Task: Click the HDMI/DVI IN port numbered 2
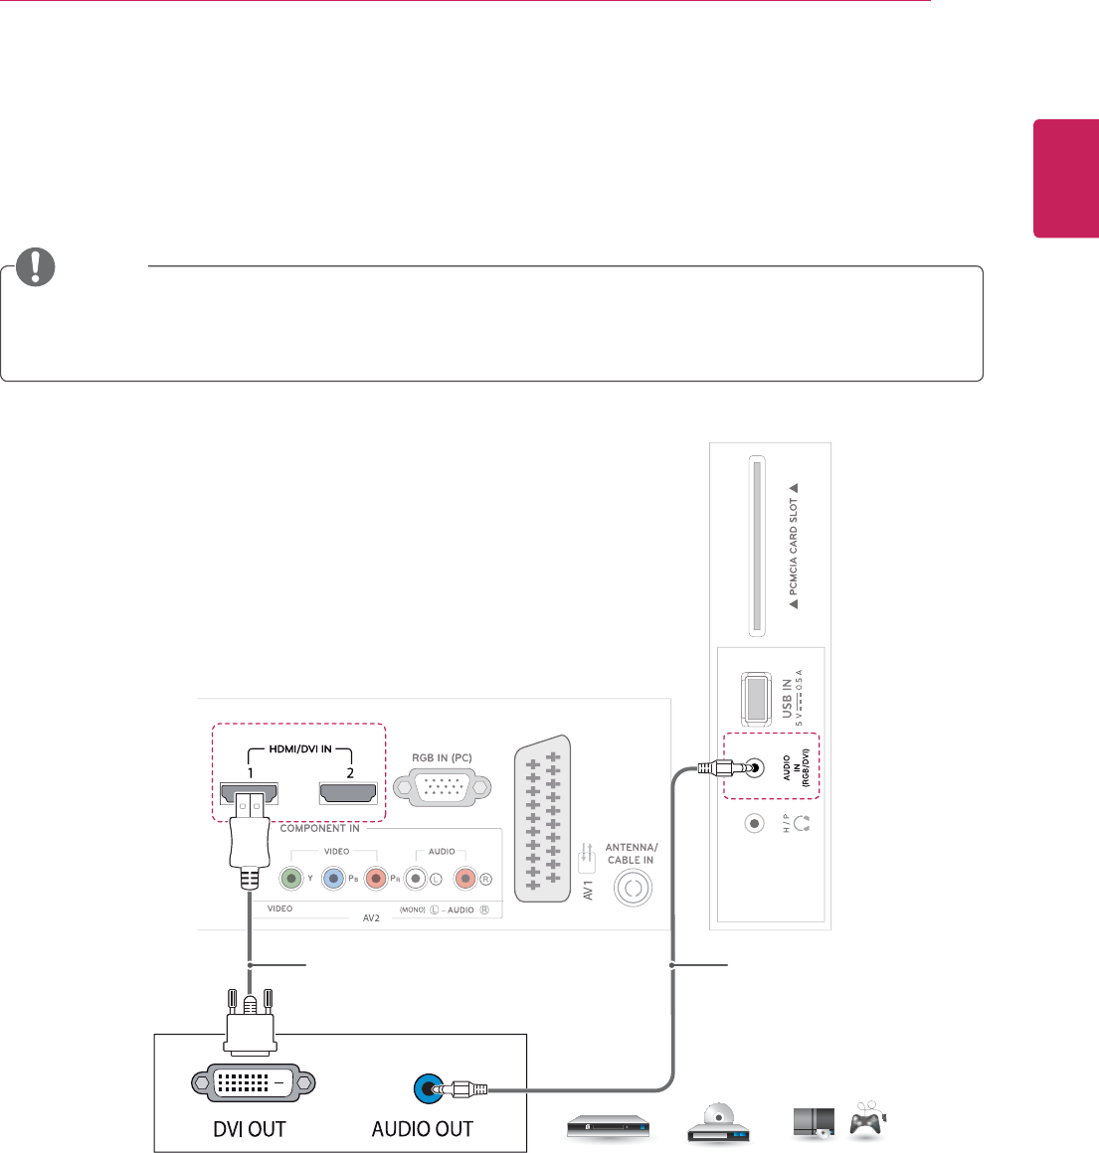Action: (x=347, y=793)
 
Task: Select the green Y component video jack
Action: (x=290, y=879)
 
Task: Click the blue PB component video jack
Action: (x=333, y=879)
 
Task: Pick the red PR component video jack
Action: (x=375, y=879)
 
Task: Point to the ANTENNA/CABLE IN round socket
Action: (x=634, y=888)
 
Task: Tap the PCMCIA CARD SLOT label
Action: (x=794, y=546)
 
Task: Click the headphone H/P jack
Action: (x=755, y=823)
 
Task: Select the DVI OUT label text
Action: (x=250, y=1129)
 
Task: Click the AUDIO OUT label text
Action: (x=422, y=1129)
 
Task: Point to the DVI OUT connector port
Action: (x=253, y=1083)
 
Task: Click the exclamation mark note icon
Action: (x=36, y=266)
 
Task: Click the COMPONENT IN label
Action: (x=319, y=828)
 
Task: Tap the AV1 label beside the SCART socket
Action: (x=588, y=889)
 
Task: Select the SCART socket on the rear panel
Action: (x=543, y=813)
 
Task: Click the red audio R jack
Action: (x=464, y=879)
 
